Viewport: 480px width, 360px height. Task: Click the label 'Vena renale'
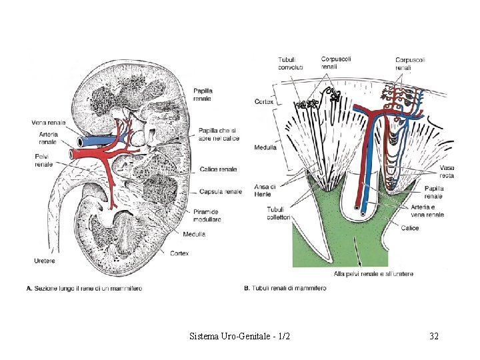(x=48, y=122)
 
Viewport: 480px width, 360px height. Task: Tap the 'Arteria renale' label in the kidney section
(x=48, y=138)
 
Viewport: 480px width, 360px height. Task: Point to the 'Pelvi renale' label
(x=44, y=159)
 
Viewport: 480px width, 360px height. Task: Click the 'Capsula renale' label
(x=221, y=191)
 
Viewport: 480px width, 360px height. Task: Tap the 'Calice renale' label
(x=218, y=169)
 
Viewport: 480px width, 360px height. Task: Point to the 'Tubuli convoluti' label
(x=291, y=63)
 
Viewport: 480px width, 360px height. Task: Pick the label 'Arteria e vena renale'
(x=427, y=211)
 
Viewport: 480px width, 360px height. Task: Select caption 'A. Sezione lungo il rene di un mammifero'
(x=83, y=288)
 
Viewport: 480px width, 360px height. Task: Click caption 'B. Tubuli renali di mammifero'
(x=285, y=288)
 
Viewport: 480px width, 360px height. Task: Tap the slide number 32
(x=434, y=337)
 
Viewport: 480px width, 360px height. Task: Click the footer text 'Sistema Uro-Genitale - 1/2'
(x=239, y=337)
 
